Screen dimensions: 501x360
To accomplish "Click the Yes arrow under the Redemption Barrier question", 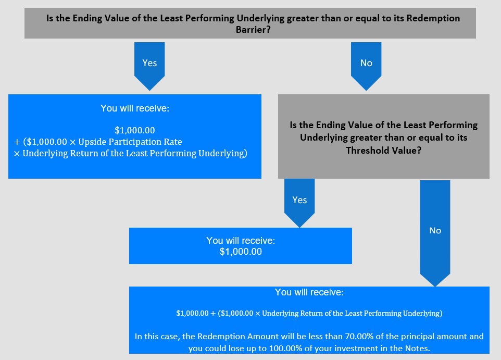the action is [x=149, y=66].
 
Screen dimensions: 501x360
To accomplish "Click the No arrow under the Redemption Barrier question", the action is [x=366, y=66].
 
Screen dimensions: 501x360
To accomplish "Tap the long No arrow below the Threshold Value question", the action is [x=435, y=233].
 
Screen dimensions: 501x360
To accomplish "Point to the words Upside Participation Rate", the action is [x=130, y=142].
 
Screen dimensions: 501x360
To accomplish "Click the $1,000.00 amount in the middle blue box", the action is [x=241, y=252].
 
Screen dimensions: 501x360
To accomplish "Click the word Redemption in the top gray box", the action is [x=433, y=18].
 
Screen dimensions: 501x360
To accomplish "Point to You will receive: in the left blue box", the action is [x=135, y=108].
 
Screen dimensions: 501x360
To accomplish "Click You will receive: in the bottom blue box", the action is [x=309, y=292].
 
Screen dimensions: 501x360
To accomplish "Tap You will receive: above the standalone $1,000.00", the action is [x=241, y=240].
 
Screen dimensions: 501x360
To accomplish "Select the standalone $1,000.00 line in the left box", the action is [x=135, y=130].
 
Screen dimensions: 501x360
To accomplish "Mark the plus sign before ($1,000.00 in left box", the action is [x=17, y=142].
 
